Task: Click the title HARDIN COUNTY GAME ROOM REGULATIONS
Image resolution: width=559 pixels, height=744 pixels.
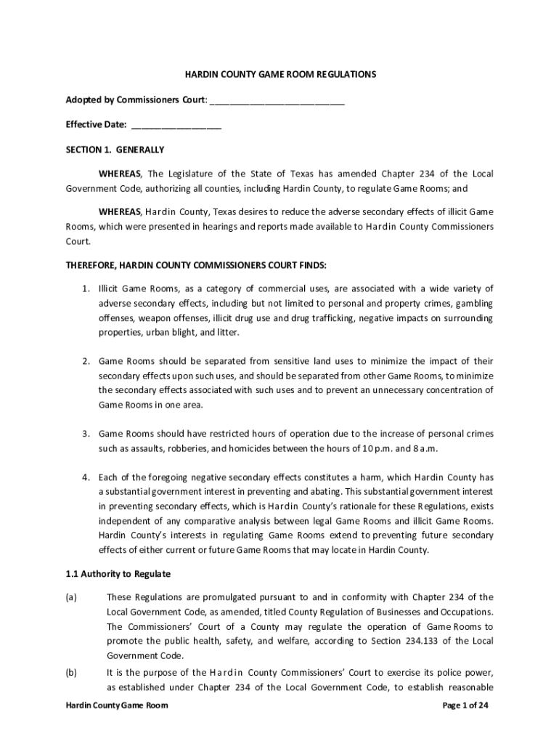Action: click(x=279, y=75)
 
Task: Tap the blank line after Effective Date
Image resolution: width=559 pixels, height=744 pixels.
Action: click(x=176, y=125)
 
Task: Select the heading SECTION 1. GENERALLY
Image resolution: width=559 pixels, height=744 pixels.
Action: click(x=115, y=150)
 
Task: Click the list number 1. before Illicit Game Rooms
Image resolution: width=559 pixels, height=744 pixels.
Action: click(x=85, y=289)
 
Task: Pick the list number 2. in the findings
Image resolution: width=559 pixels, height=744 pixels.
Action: click(x=85, y=361)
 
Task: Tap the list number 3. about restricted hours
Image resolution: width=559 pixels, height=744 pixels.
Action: click(x=85, y=434)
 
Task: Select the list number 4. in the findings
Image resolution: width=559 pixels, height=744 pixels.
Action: click(x=85, y=477)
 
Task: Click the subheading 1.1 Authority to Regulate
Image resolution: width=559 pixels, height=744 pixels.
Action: click(x=118, y=574)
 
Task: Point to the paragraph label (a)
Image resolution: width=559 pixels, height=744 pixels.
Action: click(x=71, y=597)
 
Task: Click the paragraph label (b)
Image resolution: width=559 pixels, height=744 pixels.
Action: click(x=71, y=673)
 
